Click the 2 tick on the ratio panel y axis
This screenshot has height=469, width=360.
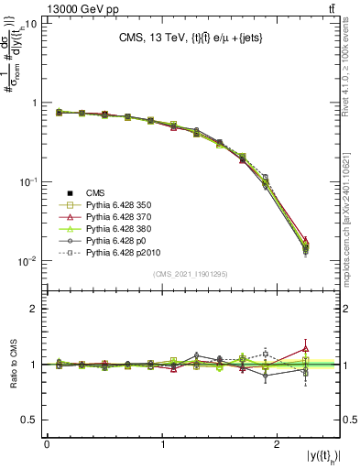pyautogui.click(x=33, y=309)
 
